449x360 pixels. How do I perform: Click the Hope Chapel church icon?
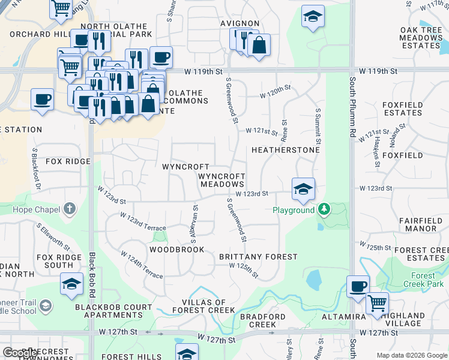[70, 209]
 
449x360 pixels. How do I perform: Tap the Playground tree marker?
[324, 209]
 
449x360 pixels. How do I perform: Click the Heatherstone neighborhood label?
[285, 150]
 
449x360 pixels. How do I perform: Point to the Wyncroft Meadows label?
[221, 180]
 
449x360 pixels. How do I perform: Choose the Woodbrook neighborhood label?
[176, 250]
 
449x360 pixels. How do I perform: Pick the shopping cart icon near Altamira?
[377, 303]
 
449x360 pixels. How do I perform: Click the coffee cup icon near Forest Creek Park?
[358, 286]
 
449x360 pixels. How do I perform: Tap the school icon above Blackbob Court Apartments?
[72, 283]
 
